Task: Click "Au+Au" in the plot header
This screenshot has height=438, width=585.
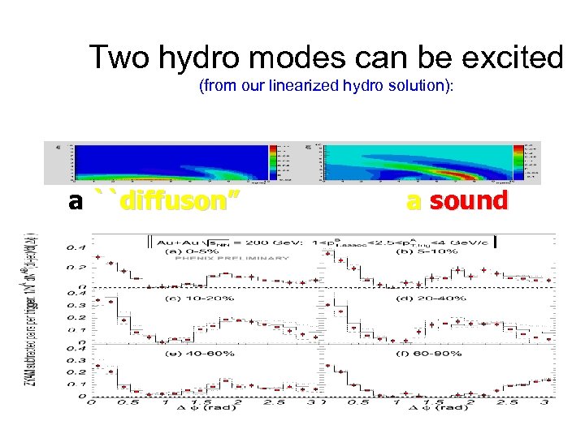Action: [x=174, y=241]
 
